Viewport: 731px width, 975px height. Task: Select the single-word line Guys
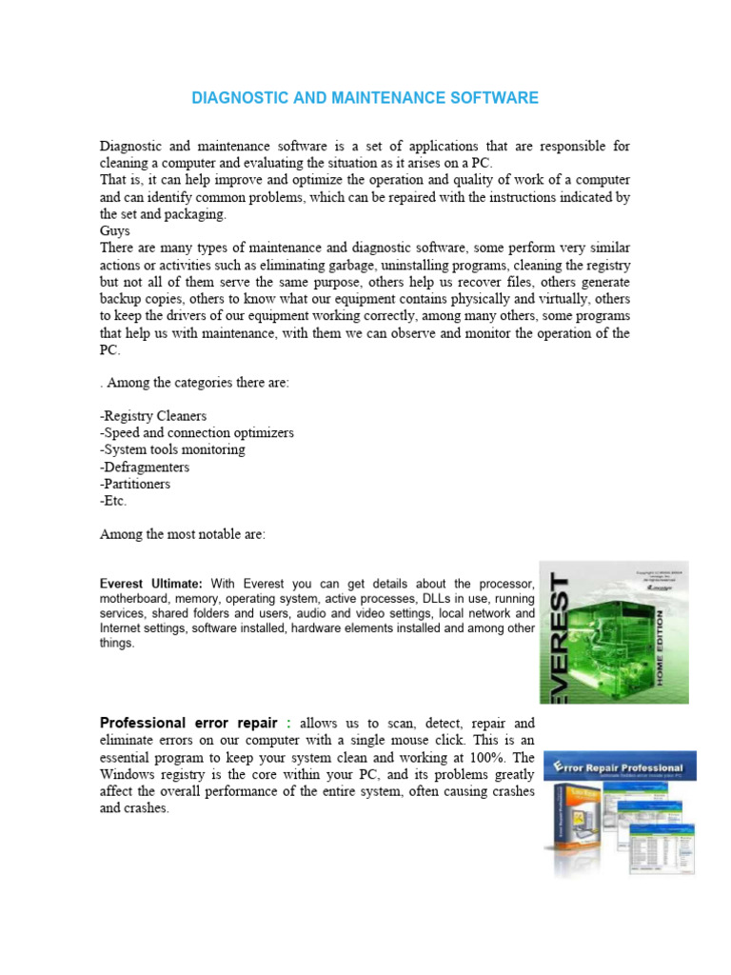point(115,231)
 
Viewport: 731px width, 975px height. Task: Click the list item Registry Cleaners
point(153,416)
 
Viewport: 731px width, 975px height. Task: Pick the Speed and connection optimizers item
point(197,433)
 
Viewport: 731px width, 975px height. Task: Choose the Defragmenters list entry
point(145,468)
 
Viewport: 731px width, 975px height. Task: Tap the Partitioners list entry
point(138,485)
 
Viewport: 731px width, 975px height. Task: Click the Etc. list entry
point(113,501)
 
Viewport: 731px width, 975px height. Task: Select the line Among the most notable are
point(183,535)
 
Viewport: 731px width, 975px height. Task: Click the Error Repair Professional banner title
point(623,767)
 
